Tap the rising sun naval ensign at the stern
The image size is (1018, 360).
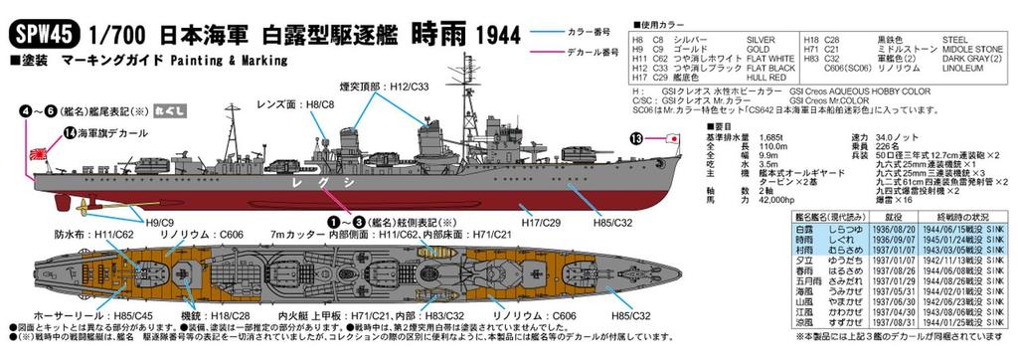tap(20, 156)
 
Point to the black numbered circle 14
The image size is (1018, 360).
tap(41, 131)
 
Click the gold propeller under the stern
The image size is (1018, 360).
tap(70, 208)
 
